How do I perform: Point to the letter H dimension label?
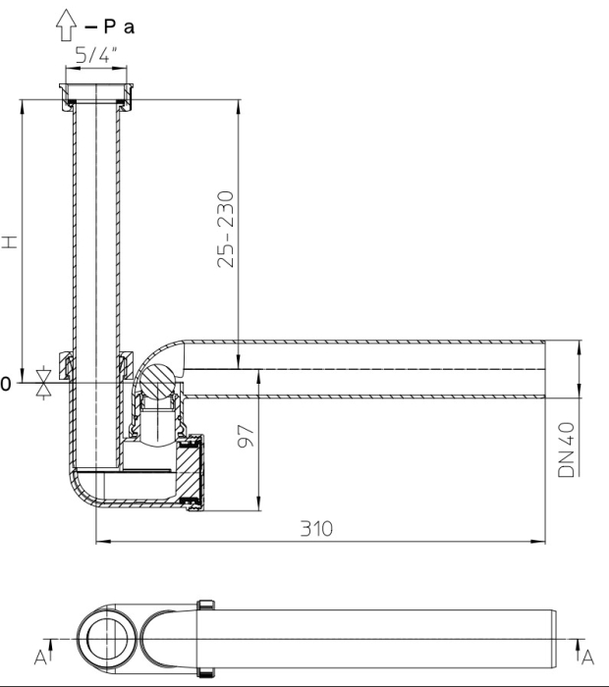[10, 240]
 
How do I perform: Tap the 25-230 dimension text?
[227, 229]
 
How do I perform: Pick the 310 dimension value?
[318, 528]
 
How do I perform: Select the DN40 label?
[567, 451]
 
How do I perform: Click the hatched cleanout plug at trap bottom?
[191, 476]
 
